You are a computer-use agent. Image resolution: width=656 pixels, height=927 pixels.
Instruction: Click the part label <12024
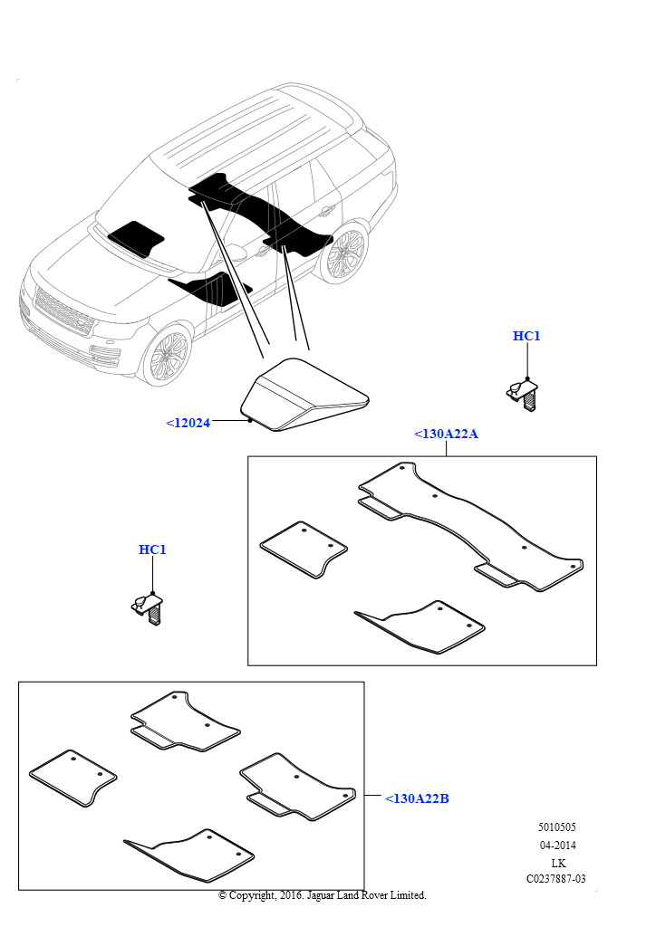[188, 422]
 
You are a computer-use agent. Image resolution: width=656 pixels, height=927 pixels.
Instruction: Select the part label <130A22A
[446, 434]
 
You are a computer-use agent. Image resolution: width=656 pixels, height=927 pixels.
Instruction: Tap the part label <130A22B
[417, 798]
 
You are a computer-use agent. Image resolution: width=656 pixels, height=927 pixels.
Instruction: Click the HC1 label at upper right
[526, 336]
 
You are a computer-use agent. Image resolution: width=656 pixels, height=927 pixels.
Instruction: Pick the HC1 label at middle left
[152, 550]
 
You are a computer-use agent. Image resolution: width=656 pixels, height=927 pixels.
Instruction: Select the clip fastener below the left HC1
[150, 606]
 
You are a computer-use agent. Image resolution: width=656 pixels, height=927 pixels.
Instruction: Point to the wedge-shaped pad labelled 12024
[304, 396]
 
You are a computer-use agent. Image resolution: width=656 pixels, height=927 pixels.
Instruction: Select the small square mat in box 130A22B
[72, 777]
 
